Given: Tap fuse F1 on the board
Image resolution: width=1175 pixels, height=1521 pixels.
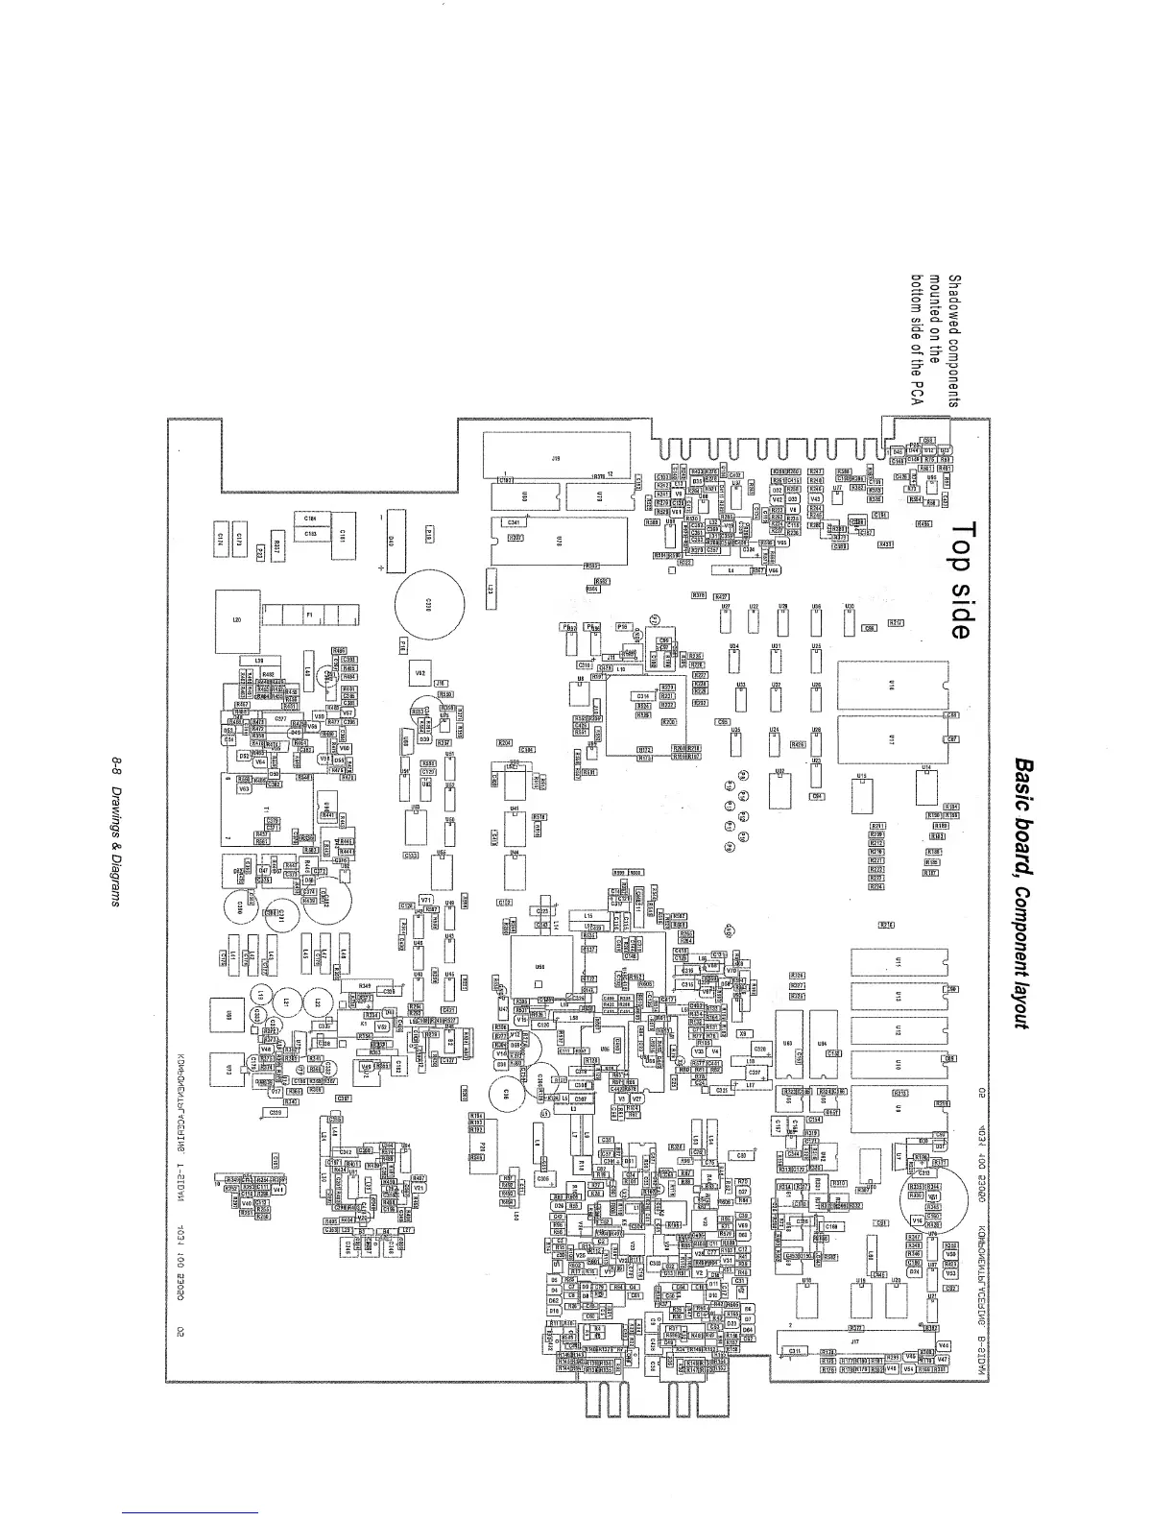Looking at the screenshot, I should (x=310, y=615).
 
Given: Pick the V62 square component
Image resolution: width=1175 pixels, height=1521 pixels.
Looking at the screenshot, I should (x=420, y=674).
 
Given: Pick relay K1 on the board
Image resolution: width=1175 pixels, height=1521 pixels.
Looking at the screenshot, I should (x=364, y=1024).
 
